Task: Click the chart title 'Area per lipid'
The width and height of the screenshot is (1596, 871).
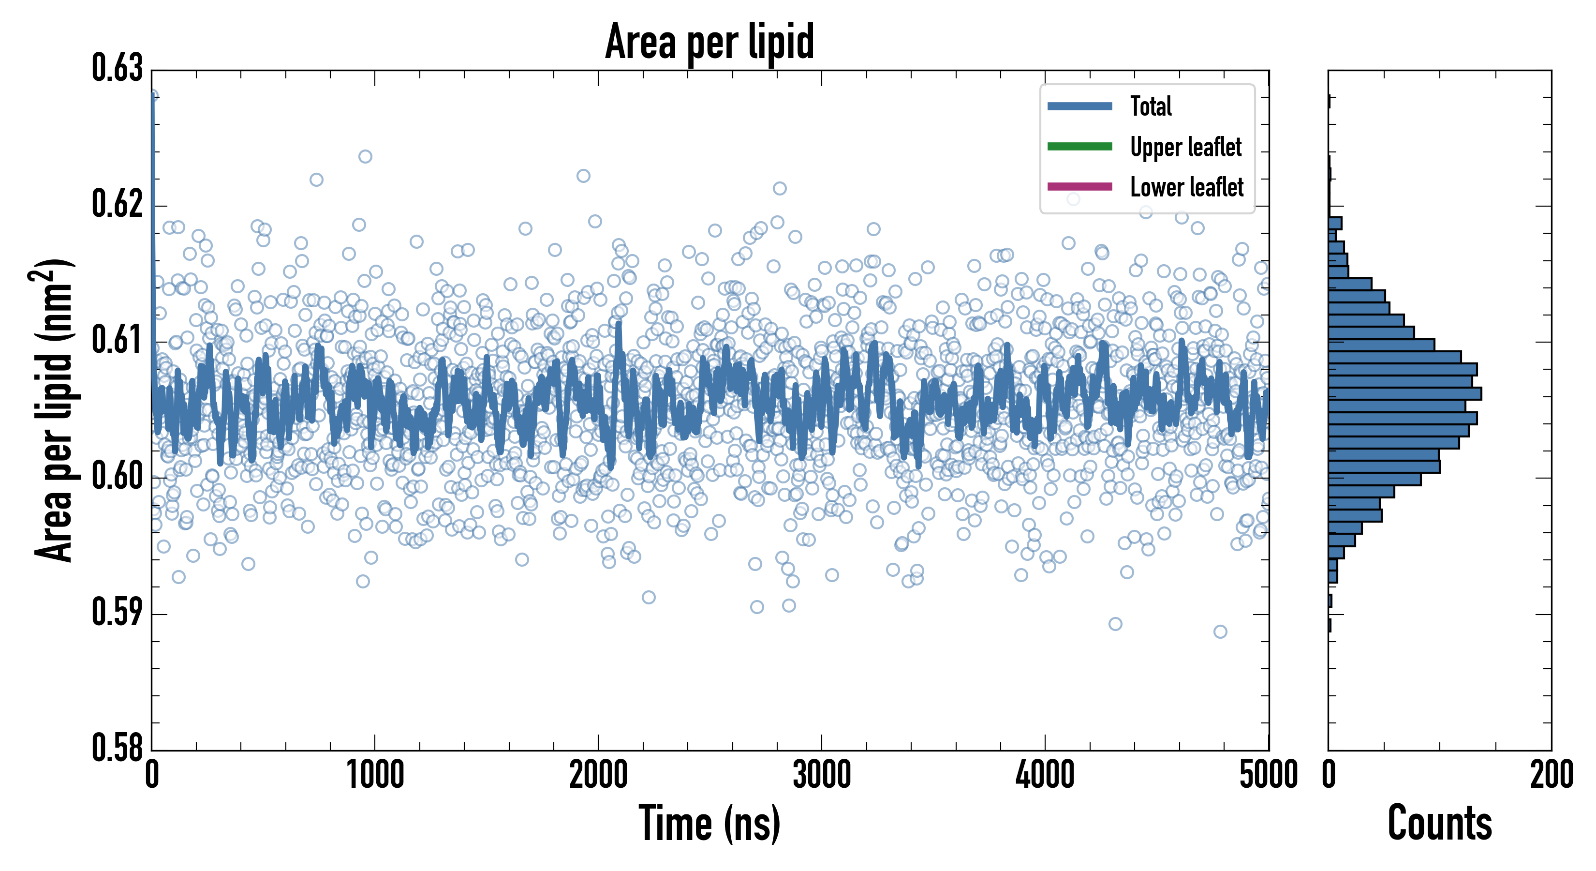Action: [709, 42]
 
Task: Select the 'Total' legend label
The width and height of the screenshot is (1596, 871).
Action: [1151, 106]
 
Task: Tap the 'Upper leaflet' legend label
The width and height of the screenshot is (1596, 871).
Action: [1185, 147]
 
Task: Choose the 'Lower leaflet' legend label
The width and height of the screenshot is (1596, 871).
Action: [1186, 187]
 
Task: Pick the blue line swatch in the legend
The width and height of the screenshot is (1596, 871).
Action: [1079, 106]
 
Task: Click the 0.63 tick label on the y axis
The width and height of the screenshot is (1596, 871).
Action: [117, 69]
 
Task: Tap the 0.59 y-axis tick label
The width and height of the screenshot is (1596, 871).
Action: [117, 613]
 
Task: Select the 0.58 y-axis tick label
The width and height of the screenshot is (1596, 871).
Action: [117, 748]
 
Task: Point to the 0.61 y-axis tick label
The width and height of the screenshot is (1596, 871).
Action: [117, 340]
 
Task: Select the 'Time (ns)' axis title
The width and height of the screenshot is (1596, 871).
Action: [709, 824]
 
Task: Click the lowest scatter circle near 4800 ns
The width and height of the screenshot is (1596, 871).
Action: [1220, 631]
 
